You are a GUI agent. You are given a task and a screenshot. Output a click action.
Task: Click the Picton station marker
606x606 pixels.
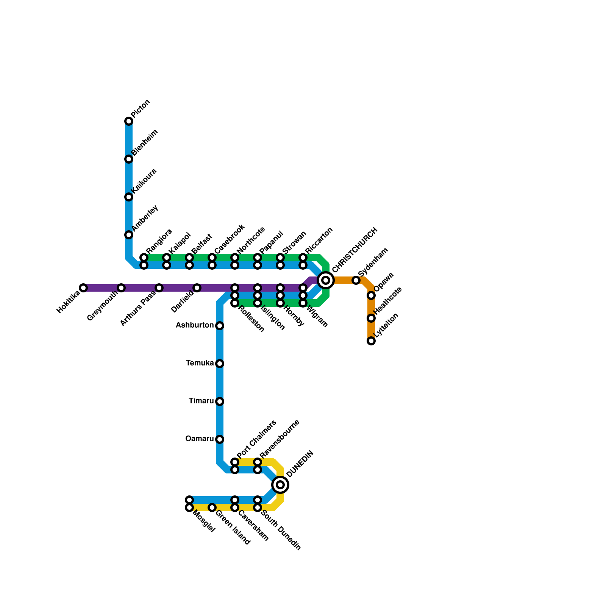click(129, 121)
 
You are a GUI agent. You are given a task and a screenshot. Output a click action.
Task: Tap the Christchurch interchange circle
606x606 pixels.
click(326, 280)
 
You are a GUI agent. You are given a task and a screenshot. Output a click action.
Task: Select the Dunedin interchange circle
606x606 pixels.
click(280, 485)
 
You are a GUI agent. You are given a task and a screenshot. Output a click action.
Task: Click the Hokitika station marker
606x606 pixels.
click(83, 288)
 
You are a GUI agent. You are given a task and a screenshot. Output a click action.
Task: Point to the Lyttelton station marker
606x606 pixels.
click(371, 341)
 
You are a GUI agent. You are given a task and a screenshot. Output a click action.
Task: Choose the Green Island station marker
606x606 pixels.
click(212, 508)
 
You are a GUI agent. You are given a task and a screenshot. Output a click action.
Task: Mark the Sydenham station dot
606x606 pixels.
click(356, 280)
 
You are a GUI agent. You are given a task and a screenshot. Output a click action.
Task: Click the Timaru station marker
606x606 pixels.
click(220, 401)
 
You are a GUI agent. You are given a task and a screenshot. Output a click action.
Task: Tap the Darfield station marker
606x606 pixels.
click(197, 288)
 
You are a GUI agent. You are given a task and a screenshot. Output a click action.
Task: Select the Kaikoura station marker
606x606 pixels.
click(129, 197)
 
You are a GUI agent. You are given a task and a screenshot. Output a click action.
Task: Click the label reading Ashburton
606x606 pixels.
click(195, 325)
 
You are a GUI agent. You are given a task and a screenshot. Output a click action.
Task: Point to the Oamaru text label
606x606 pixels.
click(200, 439)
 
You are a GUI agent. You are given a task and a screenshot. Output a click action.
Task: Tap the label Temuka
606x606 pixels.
click(200, 363)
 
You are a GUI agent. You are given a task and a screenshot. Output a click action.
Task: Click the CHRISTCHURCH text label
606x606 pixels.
click(355, 250)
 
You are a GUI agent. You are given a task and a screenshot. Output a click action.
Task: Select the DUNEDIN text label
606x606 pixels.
click(300, 464)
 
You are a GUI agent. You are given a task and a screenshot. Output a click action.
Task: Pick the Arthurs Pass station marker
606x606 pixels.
click(159, 288)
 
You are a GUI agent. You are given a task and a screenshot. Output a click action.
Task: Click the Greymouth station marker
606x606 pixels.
click(121, 288)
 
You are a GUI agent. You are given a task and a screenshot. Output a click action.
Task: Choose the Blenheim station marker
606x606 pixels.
click(129, 159)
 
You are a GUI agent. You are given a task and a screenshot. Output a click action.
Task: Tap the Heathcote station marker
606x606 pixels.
click(371, 318)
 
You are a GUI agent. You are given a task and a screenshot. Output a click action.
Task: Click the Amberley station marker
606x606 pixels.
click(129, 235)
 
